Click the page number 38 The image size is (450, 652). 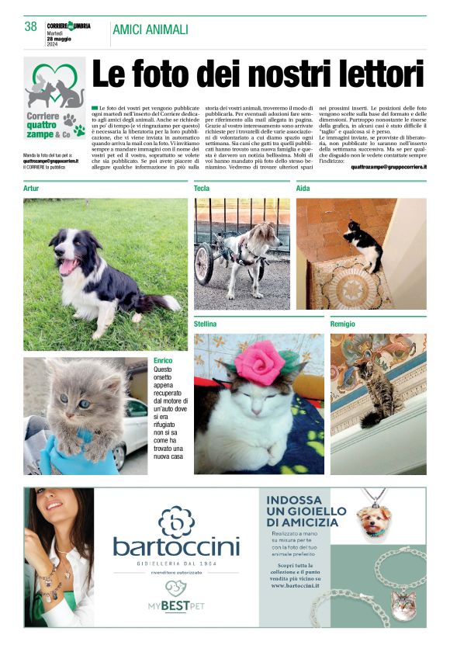(30, 26)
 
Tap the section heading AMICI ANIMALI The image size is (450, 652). (151, 29)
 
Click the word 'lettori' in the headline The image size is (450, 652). (372, 75)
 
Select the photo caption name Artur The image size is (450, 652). (31, 189)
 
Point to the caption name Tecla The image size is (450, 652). (202, 189)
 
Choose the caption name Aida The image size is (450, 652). (303, 189)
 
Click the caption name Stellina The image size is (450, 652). (205, 324)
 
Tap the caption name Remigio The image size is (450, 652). (343, 324)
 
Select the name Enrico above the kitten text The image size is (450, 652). (163, 361)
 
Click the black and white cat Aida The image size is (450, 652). (363, 244)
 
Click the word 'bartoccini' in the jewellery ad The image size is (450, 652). (176, 546)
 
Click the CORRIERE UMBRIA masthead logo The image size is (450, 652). (68, 26)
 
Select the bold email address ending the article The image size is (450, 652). (388, 166)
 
